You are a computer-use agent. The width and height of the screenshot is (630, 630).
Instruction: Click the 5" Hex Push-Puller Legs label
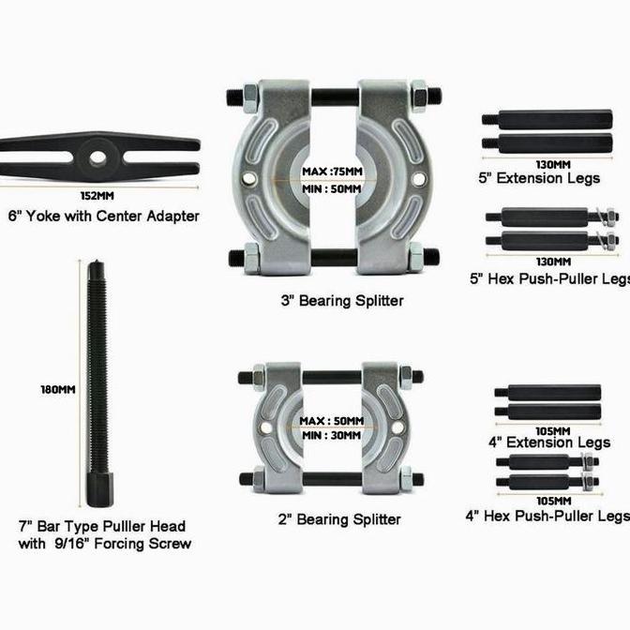(x=549, y=278)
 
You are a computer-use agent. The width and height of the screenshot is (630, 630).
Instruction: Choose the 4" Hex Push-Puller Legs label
(x=547, y=516)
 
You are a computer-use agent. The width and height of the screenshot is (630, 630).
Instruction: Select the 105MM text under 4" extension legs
(x=547, y=430)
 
